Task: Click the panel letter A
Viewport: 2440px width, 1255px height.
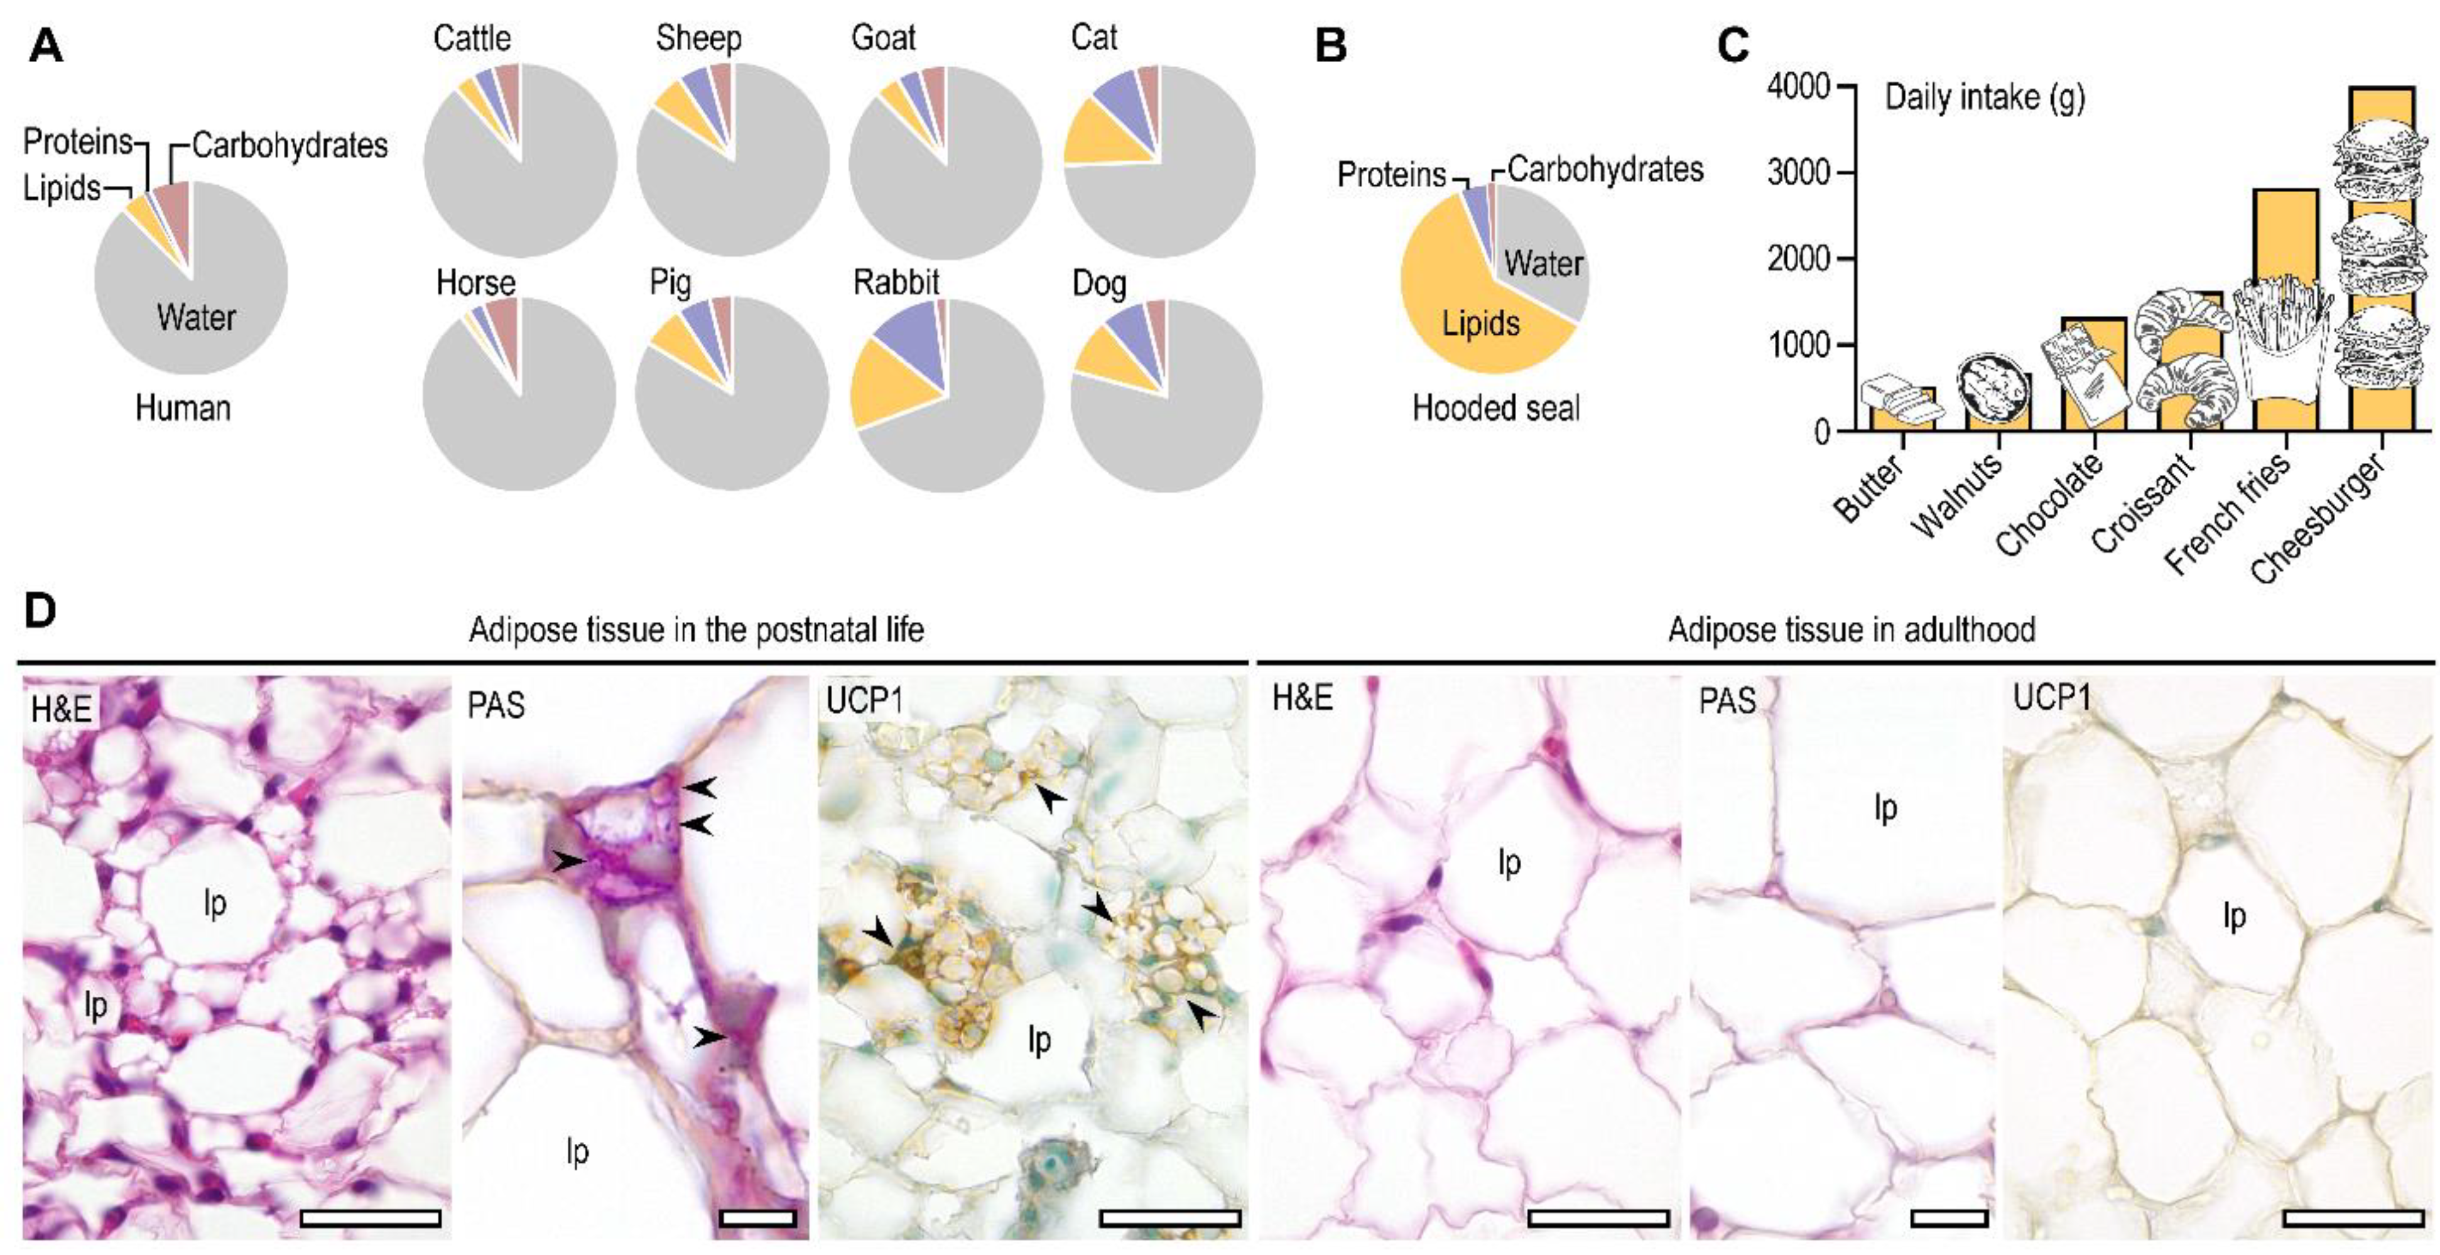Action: pyautogui.click(x=45, y=45)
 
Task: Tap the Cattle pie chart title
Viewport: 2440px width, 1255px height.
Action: pyautogui.click(x=472, y=39)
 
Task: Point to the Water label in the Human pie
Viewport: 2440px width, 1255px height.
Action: pyautogui.click(x=196, y=317)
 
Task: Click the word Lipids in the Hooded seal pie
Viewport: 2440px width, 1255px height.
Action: pyautogui.click(x=1480, y=324)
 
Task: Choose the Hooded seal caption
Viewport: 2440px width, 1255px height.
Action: pyautogui.click(x=1495, y=408)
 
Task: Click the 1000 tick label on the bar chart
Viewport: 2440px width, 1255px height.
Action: pyautogui.click(x=1797, y=345)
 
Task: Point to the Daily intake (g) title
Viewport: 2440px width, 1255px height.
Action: pyautogui.click(x=1985, y=97)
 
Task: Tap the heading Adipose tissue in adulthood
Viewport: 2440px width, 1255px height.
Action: pyautogui.click(x=1851, y=630)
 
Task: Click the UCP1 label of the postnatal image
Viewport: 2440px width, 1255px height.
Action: pyautogui.click(x=864, y=701)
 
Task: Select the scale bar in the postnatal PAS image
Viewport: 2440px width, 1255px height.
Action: pyautogui.click(x=757, y=1217)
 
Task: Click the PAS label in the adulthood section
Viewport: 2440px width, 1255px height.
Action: pyautogui.click(x=1727, y=702)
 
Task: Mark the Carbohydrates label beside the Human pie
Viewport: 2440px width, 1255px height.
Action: pyautogui.click(x=289, y=146)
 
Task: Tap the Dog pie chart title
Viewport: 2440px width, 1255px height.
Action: pyautogui.click(x=1098, y=283)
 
